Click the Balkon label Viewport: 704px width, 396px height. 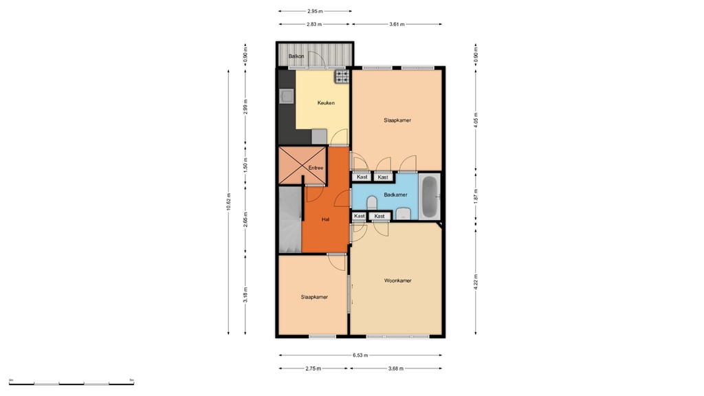tap(296, 56)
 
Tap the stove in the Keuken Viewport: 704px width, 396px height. tap(342, 77)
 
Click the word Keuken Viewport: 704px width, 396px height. tap(326, 103)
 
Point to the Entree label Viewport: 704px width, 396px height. tap(316, 168)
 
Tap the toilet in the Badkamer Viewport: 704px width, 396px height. tap(372, 203)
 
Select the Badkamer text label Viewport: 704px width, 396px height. tap(395, 195)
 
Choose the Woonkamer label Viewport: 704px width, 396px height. tap(397, 280)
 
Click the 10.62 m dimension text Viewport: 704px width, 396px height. tap(229, 202)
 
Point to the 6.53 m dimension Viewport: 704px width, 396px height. tap(360, 355)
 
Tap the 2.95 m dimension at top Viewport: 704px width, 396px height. tap(315, 11)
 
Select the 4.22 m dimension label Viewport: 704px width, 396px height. tap(476, 283)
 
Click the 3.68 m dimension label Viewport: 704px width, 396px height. tap(396, 368)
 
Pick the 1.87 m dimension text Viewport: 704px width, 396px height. tap(476, 195)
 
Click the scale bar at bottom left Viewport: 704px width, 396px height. tap(71, 382)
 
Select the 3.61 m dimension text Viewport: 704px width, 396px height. tap(396, 24)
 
